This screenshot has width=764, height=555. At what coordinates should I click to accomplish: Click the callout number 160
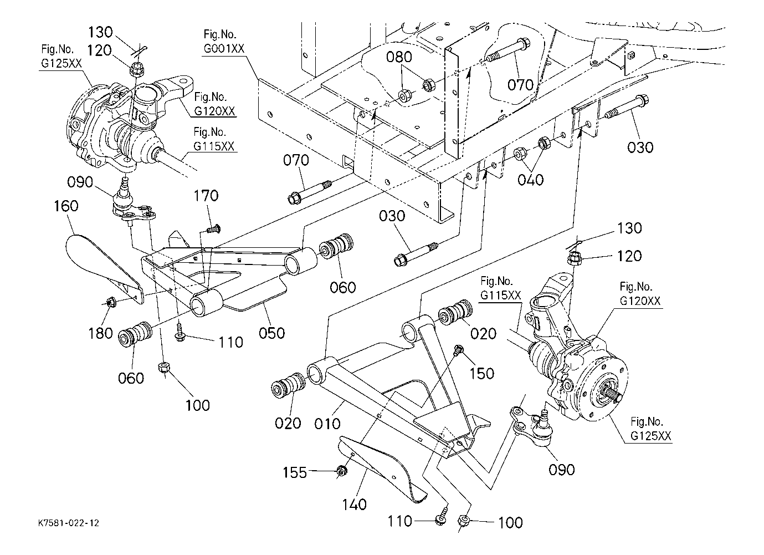click(x=66, y=206)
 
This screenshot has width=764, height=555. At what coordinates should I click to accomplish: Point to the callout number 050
click(x=272, y=333)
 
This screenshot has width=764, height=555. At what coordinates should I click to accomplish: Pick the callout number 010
click(x=327, y=424)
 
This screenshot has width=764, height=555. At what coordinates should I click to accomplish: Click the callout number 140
click(x=355, y=505)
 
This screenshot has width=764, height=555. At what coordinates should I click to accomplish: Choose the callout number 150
click(x=481, y=374)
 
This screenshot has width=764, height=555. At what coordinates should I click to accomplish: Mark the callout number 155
click(x=295, y=472)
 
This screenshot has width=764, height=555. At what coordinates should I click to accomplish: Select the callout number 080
click(x=399, y=57)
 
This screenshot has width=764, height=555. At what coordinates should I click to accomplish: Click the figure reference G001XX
click(x=223, y=49)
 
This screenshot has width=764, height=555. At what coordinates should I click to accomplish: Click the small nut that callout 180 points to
click(x=111, y=302)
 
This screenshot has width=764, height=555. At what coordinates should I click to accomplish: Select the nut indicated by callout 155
click(x=342, y=471)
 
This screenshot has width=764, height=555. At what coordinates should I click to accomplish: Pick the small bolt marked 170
click(x=212, y=228)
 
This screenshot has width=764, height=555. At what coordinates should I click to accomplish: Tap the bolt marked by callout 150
click(x=458, y=350)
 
